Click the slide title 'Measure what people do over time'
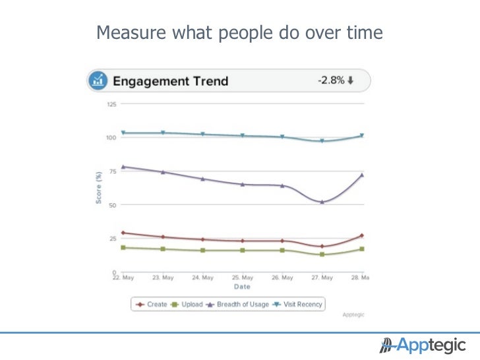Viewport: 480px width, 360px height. click(x=239, y=32)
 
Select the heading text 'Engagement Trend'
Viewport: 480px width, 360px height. click(x=170, y=82)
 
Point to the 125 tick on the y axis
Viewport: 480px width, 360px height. click(x=111, y=104)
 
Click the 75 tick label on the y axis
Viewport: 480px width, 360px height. click(x=113, y=171)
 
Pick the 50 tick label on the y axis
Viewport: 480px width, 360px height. click(x=113, y=205)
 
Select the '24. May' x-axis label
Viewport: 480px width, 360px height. click(x=203, y=278)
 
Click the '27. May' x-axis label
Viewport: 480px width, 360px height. click(x=322, y=278)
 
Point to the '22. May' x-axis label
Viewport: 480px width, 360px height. click(x=123, y=278)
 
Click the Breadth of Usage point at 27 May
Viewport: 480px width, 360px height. click(x=322, y=202)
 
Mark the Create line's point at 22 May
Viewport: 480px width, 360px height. click(x=123, y=233)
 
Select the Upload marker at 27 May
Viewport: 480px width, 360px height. click(x=322, y=254)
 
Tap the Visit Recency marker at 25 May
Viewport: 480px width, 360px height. click(x=243, y=136)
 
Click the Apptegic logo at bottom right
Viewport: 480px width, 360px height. click(x=422, y=345)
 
